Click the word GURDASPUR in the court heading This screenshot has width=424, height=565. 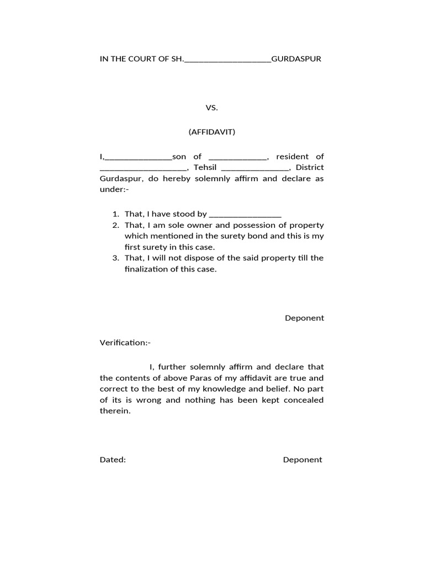click(x=296, y=59)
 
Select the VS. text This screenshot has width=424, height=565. click(x=212, y=108)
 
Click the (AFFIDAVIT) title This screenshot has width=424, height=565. click(x=212, y=132)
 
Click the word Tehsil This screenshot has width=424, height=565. click(x=207, y=168)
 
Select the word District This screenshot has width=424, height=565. click(x=310, y=168)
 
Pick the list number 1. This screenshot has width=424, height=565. click(x=115, y=214)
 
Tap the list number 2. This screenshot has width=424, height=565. click(x=115, y=225)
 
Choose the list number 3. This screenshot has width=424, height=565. click(x=115, y=258)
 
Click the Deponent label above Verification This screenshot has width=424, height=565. click(x=304, y=318)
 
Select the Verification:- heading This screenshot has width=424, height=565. click(x=125, y=343)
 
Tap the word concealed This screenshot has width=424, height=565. click(x=303, y=400)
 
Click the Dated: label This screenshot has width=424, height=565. click(x=113, y=460)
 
